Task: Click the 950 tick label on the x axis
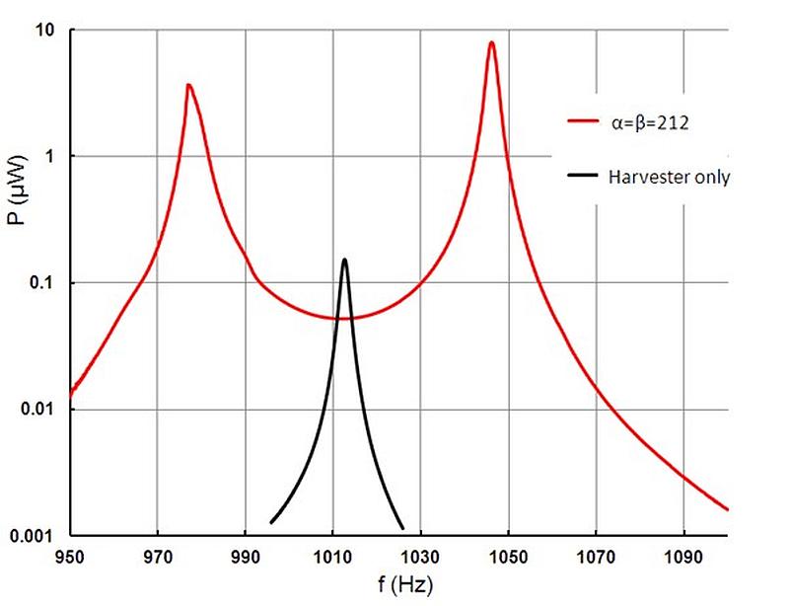click(x=69, y=556)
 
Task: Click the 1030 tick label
click(x=420, y=556)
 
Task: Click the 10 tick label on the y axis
click(x=44, y=31)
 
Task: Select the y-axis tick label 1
click(x=48, y=157)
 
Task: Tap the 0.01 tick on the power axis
click(x=36, y=410)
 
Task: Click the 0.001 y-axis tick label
click(x=33, y=535)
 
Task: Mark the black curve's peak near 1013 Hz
click(x=344, y=260)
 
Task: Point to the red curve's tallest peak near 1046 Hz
click(x=491, y=42)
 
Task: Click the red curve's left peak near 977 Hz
click(x=187, y=85)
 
